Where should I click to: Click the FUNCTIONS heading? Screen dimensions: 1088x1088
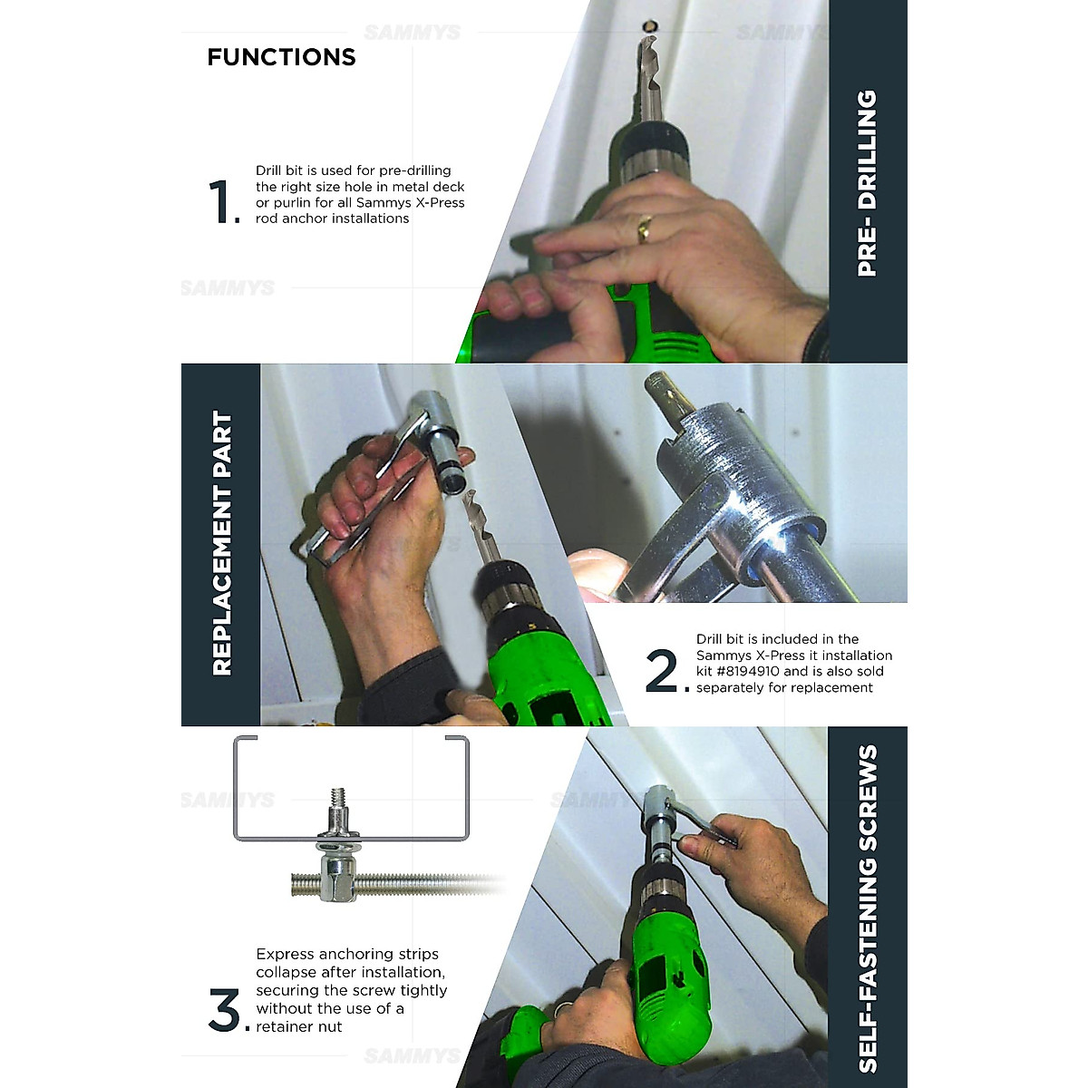coord(281,57)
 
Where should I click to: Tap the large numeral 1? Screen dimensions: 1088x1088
coord(220,201)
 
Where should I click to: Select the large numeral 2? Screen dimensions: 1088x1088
coord(662,671)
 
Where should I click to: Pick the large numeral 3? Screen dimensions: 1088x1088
coord(224,1010)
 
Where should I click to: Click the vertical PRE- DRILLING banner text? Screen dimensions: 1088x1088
coord(867,182)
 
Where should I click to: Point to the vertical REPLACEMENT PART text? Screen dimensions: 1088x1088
coord(221,544)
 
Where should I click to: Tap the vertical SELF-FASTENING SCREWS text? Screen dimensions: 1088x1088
coord(867,908)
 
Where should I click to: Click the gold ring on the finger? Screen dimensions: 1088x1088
coord(643,229)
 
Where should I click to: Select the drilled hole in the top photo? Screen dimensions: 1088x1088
coord(650,24)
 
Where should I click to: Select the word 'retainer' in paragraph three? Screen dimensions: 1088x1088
coord(298,1027)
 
